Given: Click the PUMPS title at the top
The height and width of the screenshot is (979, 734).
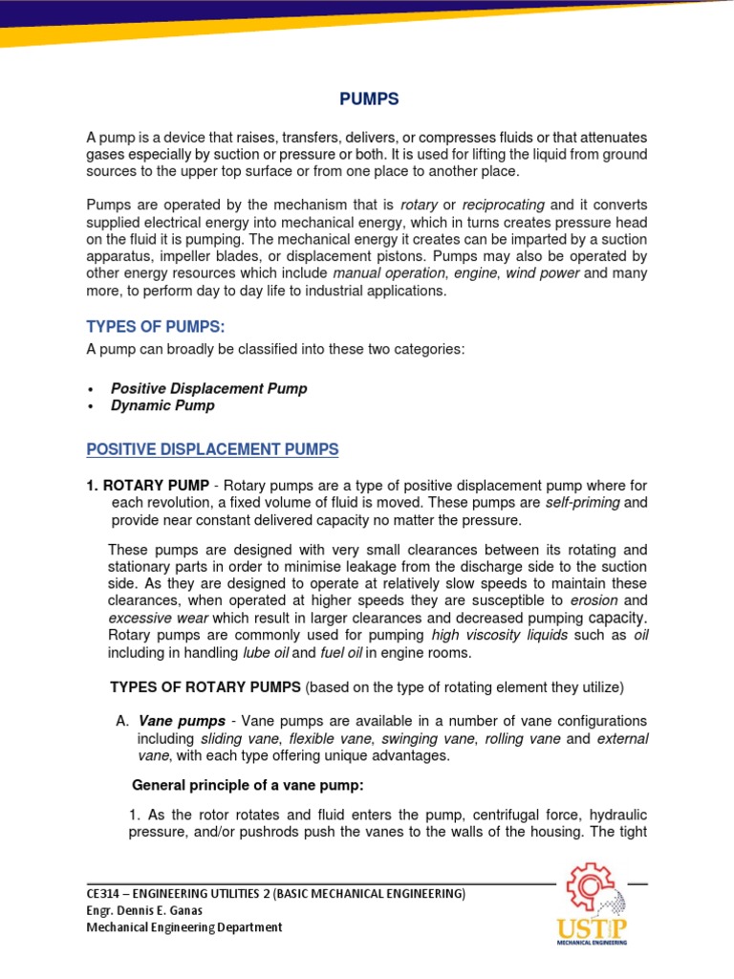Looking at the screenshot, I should (370, 99).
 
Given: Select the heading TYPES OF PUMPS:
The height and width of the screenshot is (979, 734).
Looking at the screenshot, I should (156, 327).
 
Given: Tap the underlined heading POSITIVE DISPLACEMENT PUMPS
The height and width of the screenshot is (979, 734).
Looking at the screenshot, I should (212, 448).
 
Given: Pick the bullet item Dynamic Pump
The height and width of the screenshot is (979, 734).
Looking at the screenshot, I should (162, 405).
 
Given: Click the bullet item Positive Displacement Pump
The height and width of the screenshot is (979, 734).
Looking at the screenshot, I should (209, 388).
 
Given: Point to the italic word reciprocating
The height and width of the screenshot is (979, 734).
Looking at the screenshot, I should (504, 205).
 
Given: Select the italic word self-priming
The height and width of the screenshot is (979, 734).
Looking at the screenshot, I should (584, 502).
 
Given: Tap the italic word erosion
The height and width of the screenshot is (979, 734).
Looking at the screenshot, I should (594, 600).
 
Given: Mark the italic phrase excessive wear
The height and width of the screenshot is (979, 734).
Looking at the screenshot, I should (150, 618).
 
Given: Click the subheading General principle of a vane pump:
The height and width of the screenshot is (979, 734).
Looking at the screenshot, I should (248, 786).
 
